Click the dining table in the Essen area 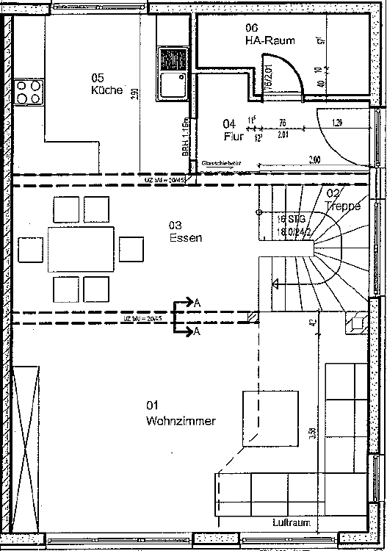pyautogui.click(x=82, y=250)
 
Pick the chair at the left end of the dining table pyautogui.click(x=32, y=250)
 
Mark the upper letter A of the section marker pyautogui.click(x=197, y=302)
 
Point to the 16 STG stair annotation pyautogui.click(x=287, y=218)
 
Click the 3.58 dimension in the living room pyautogui.click(x=314, y=434)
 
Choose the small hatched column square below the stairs pyautogui.click(x=253, y=317)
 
